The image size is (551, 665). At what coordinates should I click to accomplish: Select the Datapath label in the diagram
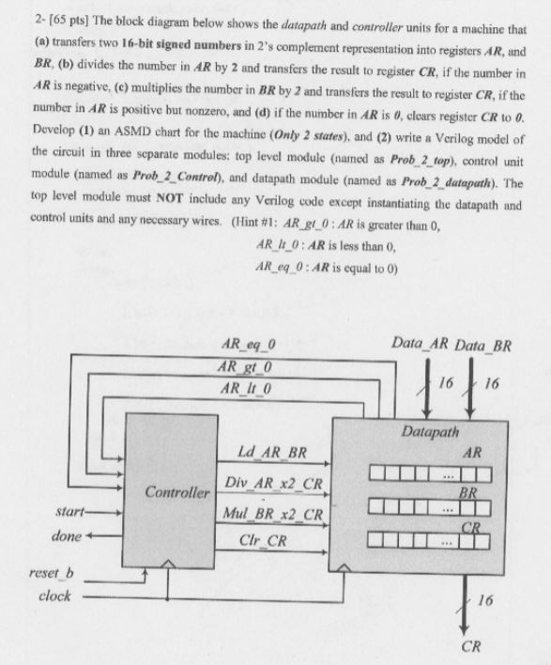[429, 433]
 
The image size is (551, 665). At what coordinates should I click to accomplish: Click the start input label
[64, 514]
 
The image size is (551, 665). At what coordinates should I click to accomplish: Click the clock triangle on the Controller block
[167, 564]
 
